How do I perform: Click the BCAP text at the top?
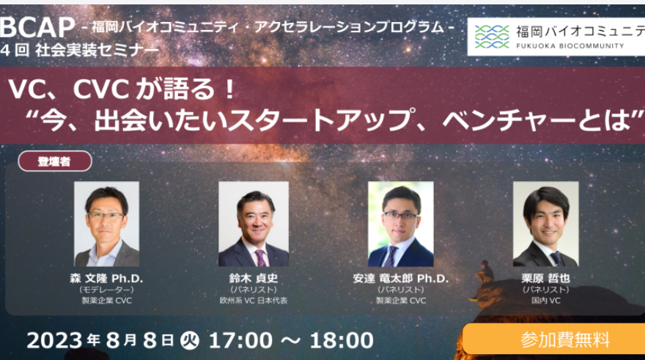click(x=37, y=28)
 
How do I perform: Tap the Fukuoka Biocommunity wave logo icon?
click(x=492, y=37)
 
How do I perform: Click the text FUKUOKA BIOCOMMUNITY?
click(x=570, y=45)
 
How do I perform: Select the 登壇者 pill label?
click(x=55, y=161)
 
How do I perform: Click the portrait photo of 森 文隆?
click(x=106, y=224)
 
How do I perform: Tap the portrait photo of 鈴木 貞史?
click(x=254, y=224)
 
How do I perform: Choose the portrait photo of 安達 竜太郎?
click(x=401, y=224)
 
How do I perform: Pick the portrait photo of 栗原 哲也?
click(x=545, y=224)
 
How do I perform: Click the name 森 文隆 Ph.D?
click(x=106, y=279)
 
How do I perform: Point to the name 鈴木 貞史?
click(x=254, y=279)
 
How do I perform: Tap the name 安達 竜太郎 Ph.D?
click(x=401, y=279)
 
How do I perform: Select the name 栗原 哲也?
click(x=545, y=279)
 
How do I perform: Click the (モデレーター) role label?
click(x=106, y=290)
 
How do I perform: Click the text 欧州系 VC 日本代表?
click(x=254, y=301)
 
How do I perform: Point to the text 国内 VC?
click(x=545, y=301)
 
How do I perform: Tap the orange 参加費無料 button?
click(x=553, y=339)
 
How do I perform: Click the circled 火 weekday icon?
click(x=190, y=341)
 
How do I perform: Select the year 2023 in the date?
click(x=55, y=341)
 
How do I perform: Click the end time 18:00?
click(x=342, y=341)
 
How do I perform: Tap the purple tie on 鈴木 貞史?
click(x=261, y=258)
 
